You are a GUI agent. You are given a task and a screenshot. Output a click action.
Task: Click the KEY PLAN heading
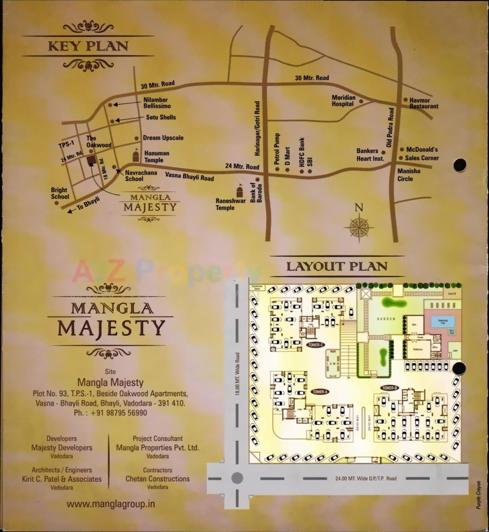point(88,47)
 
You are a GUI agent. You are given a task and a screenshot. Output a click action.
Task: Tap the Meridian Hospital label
point(343,101)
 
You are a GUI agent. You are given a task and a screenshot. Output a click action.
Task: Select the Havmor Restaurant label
point(424,103)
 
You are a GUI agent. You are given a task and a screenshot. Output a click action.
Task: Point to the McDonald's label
point(422,149)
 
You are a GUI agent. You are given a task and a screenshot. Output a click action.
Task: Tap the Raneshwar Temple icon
point(240,190)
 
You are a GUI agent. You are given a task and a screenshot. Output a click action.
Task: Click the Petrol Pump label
point(277,149)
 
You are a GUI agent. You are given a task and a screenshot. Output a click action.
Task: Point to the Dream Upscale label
point(163,138)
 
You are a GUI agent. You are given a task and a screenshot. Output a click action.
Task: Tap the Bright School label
point(60,193)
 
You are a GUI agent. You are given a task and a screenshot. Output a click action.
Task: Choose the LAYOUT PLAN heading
point(337,266)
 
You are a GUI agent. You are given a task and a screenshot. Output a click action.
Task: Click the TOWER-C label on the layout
point(316,345)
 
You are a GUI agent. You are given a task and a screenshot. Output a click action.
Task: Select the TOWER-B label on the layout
point(389,388)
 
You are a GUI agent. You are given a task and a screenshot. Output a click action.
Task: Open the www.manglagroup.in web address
point(111,504)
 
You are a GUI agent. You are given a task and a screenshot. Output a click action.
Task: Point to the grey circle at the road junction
point(237,478)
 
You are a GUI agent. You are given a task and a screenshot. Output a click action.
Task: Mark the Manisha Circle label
point(408,175)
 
